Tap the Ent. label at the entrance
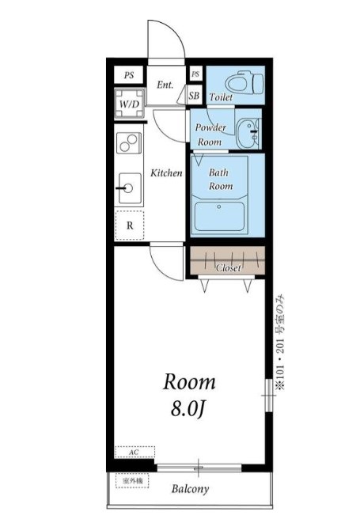[165, 85]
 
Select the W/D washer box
[130, 103]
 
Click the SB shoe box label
[194, 96]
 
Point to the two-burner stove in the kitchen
[129, 142]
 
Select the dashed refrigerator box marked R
[130, 225]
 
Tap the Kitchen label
[166, 172]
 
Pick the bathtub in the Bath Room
[219, 216]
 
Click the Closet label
[229, 267]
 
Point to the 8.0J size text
[188, 409]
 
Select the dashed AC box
[135, 452]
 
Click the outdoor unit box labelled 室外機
[132, 480]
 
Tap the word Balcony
[190, 489]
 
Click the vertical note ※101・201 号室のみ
[281, 343]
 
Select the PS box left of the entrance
[129, 75]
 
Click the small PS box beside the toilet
[195, 74]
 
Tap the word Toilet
[221, 97]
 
